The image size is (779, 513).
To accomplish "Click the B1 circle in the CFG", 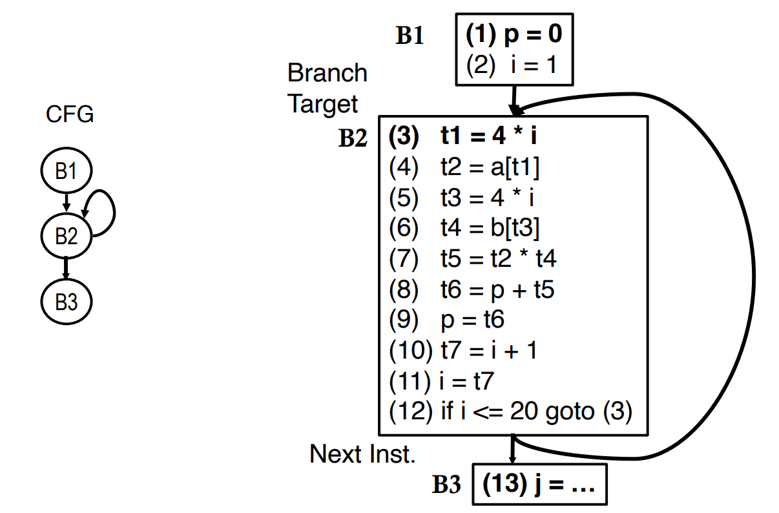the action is click(x=67, y=171).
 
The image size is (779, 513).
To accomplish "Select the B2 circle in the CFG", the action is click(x=67, y=236).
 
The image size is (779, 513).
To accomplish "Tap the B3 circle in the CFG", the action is click(x=67, y=302).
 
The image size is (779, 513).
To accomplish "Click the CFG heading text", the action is click(x=70, y=114).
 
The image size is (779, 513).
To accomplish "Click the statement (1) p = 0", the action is click(x=514, y=35).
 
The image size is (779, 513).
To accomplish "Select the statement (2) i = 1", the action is click(x=511, y=65).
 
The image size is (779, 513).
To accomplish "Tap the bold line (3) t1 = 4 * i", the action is click(x=462, y=136).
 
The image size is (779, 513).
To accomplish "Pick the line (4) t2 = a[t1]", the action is click(x=464, y=167).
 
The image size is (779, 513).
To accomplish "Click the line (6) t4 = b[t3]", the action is click(x=464, y=228).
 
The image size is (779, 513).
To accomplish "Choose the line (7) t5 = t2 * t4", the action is click(x=472, y=259).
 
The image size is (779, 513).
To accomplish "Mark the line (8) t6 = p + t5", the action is click(x=472, y=289).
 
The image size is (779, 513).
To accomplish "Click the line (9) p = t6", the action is click(x=446, y=320).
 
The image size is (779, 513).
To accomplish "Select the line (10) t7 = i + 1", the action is click(x=463, y=350).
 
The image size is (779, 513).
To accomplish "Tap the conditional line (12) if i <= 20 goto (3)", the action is click(x=510, y=412).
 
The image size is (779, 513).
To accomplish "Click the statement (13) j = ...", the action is click(x=538, y=484).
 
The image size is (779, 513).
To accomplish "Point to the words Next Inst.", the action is click(x=362, y=454).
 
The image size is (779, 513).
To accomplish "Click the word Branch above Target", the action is click(x=327, y=73).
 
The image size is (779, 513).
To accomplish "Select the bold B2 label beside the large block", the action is click(x=353, y=138).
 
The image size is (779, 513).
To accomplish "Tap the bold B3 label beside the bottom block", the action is click(x=446, y=485).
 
